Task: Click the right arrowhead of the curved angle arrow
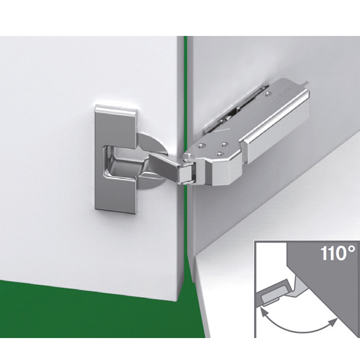click(333, 323)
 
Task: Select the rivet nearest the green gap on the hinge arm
click(188, 156)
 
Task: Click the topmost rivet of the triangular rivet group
click(224, 144)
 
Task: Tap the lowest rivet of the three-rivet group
click(220, 154)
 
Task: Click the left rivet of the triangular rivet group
click(202, 145)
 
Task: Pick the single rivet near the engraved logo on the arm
click(267, 93)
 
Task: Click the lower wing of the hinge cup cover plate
click(116, 195)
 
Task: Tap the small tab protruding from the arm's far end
click(306, 83)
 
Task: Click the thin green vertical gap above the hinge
click(186, 92)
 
